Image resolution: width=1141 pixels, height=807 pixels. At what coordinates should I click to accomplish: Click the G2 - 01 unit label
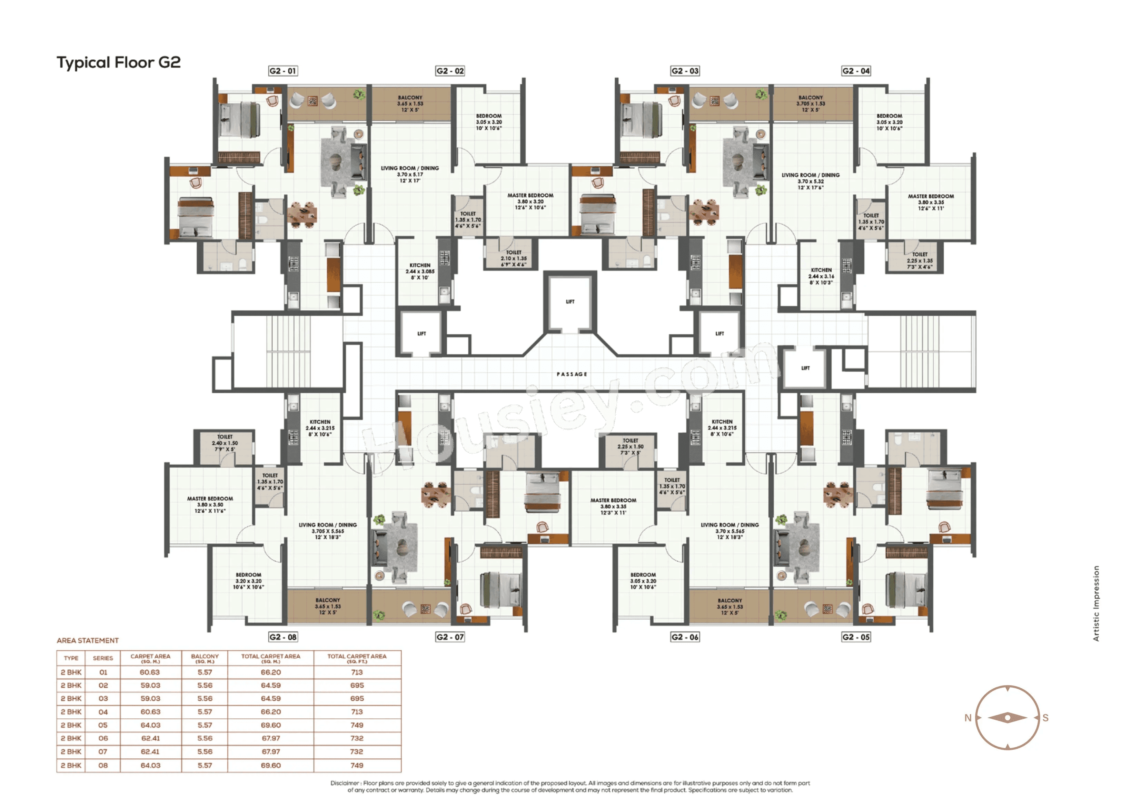[x=282, y=71]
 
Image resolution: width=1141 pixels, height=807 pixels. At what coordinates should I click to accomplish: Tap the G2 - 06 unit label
[x=684, y=637]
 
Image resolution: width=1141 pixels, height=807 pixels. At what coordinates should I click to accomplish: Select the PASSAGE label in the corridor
[x=572, y=374]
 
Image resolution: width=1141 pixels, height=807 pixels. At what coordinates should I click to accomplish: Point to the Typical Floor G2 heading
[x=118, y=63]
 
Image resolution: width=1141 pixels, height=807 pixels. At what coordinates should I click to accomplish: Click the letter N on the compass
[x=968, y=718]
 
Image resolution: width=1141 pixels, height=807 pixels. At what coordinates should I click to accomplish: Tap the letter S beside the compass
[x=1045, y=718]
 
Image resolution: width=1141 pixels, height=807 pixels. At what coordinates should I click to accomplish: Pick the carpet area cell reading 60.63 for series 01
[x=150, y=672]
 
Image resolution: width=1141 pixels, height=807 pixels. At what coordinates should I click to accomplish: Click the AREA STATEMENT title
[x=88, y=640]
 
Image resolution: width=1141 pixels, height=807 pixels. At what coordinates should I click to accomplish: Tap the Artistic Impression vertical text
[x=1096, y=603]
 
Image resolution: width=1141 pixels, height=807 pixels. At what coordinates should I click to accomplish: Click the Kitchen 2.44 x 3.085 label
[x=419, y=272]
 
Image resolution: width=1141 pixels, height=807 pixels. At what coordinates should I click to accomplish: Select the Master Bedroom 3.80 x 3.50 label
[x=210, y=504]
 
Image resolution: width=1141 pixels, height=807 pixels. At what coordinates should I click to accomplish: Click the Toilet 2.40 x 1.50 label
[x=225, y=443]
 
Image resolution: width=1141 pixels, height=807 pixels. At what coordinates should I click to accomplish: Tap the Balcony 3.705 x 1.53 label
[x=811, y=104]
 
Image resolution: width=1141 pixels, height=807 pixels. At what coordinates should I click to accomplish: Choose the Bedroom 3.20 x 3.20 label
[x=248, y=581]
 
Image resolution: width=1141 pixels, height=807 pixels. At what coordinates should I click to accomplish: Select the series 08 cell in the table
[x=103, y=765]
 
